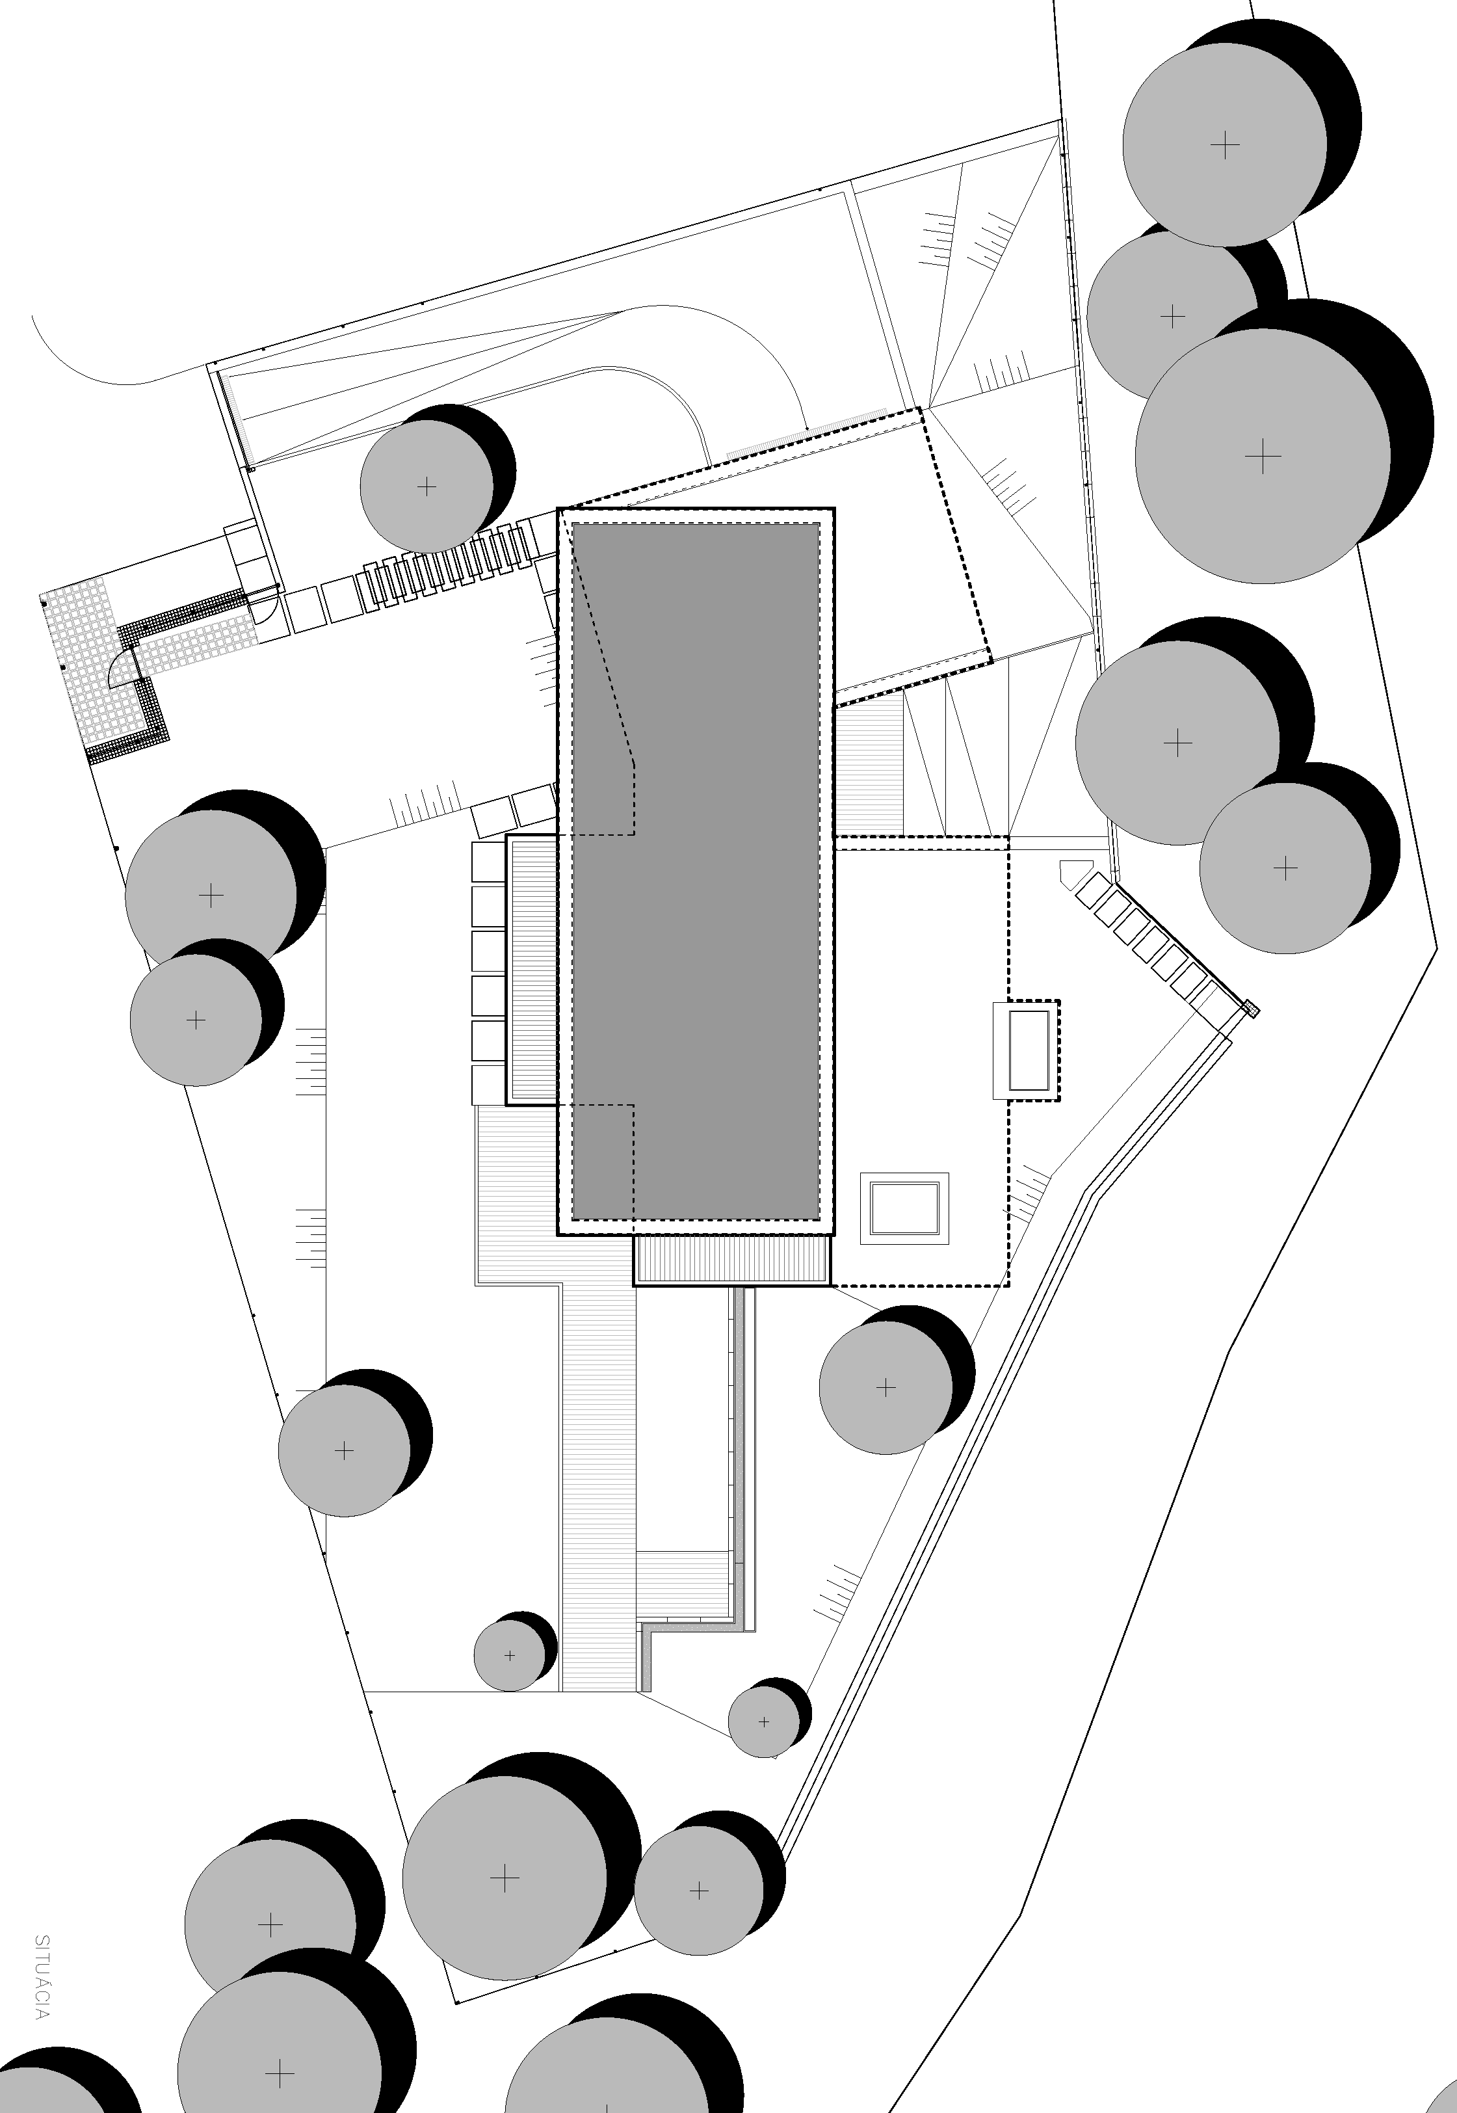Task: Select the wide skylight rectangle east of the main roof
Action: pyautogui.click(x=904, y=1208)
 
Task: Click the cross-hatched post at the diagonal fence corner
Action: pyautogui.click(x=1252, y=1009)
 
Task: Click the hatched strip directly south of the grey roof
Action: pyautogui.click(x=732, y=1260)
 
